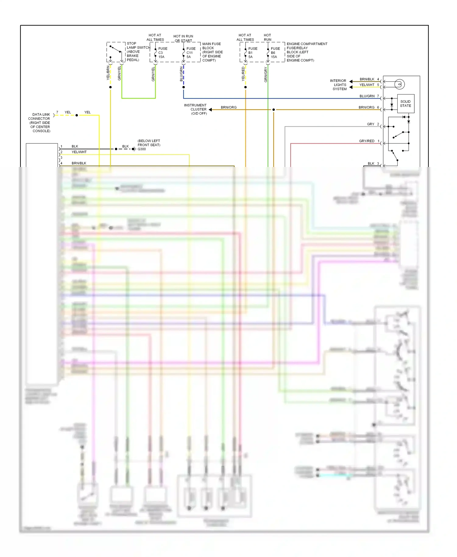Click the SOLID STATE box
coord(406,104)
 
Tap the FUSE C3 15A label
coord(162,53)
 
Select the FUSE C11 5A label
coord(191,53)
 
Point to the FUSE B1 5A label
coord(252,53)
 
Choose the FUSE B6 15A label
coord(275,53)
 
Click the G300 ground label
coord(142,149)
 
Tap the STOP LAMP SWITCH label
coord(138,51)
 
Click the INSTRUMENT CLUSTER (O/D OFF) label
coord(196,109)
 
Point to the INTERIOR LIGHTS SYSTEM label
coord(339,85)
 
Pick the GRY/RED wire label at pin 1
coord(367,141)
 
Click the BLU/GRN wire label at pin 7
coord(367,96)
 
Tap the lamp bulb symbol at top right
coord(399,84)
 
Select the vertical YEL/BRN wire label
coord(108,73)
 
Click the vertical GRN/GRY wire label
coord(266,75)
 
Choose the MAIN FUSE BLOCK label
coord(212,52)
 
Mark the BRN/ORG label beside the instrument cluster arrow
coord(228,108)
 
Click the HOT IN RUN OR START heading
coord(183,38)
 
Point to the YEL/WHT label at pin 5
coord(367,85)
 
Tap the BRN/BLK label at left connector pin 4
coord(79,163)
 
